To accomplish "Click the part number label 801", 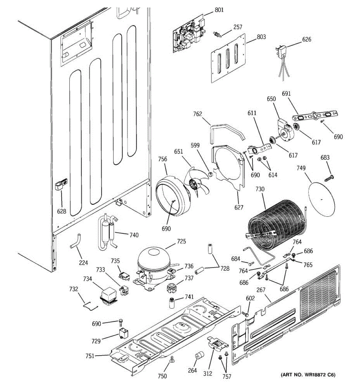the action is [219, 10].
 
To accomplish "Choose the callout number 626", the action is [307, 39].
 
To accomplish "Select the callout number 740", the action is [134, 235].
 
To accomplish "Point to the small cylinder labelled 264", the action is [199, 356].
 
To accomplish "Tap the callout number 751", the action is [90, 356].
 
